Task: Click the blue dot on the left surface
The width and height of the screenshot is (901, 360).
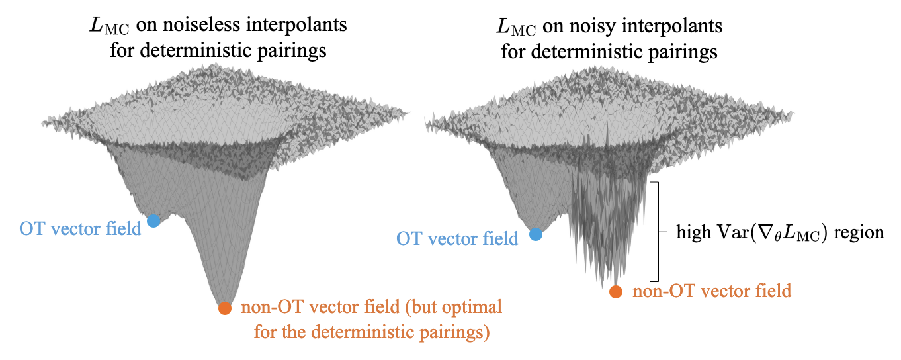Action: (153, 221)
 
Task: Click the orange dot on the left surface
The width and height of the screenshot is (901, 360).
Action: (225, 308)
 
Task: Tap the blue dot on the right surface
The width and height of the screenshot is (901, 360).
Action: (536, 234)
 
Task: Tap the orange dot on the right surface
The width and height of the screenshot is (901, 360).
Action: (616, 291)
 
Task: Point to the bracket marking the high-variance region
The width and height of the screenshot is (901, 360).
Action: (657, 232)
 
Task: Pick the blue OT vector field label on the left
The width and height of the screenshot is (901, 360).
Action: (81, 229)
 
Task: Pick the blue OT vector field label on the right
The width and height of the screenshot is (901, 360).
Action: (457, 239)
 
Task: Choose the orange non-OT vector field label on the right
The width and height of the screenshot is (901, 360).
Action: (712, 291)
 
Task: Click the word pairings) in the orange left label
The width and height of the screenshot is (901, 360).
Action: (456, 330)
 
